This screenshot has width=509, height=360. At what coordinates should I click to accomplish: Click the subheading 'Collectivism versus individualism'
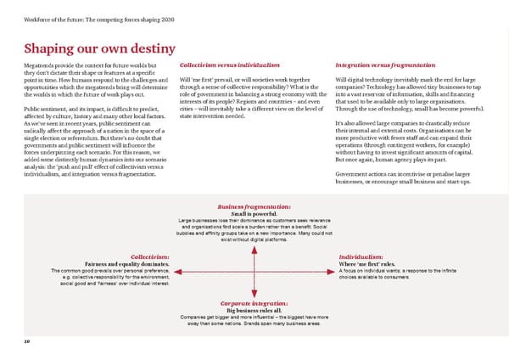[230, 65]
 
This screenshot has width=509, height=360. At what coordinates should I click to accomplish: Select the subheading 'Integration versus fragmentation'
[385, 65]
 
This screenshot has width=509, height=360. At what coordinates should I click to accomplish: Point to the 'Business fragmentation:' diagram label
[255, 206]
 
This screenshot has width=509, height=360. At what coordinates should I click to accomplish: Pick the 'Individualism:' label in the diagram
[362, 256]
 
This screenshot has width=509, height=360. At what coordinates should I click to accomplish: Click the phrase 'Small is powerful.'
[255, 214]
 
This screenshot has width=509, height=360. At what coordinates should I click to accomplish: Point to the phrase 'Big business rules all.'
[255, 310]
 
